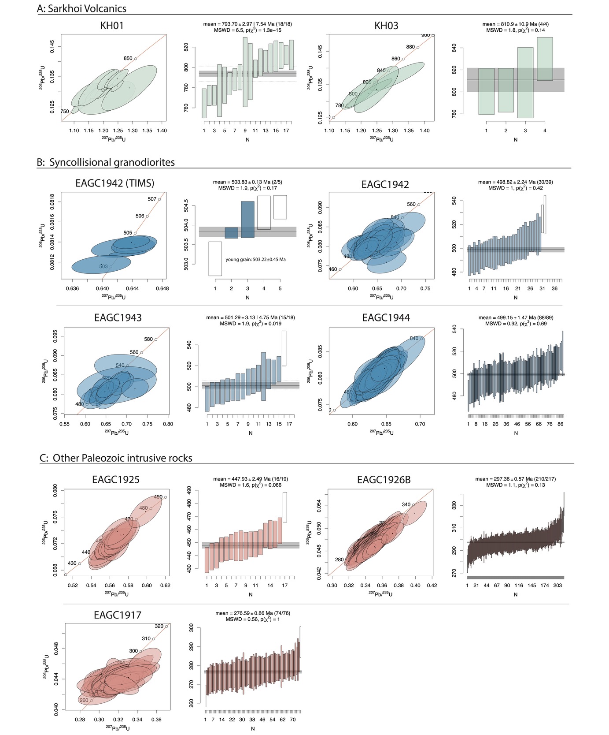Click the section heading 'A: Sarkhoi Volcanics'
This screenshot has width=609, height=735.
82,8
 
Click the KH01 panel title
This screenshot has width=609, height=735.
112,26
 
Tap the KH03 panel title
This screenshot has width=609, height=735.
386,26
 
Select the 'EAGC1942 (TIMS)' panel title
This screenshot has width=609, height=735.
115,183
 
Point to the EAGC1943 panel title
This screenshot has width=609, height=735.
118,317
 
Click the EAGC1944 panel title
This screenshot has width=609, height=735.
386,317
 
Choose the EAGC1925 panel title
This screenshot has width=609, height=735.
116,479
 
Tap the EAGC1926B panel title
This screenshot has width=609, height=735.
384,479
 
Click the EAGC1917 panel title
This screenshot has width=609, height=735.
118,615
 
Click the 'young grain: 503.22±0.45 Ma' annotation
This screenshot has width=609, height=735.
255,259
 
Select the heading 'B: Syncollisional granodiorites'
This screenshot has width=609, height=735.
106,162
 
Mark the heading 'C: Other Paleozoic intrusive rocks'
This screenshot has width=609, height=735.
116,458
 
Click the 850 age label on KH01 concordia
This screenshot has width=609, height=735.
128,58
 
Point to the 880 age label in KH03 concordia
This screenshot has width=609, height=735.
410,47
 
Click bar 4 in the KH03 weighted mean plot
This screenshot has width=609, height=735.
545,59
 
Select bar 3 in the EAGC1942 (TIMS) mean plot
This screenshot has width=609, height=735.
247,220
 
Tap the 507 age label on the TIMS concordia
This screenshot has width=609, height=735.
152,199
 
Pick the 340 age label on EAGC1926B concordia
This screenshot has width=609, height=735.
406,504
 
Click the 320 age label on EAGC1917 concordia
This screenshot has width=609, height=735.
159,626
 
